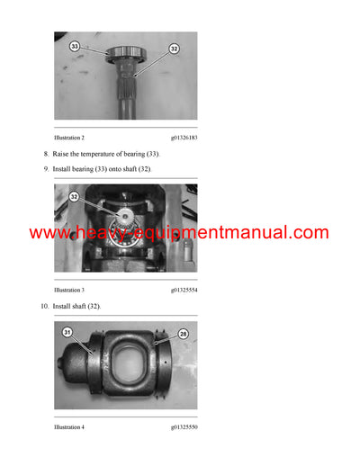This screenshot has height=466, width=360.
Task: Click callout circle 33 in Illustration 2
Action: tap(75, 45)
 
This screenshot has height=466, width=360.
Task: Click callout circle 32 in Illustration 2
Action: tap(174, 49)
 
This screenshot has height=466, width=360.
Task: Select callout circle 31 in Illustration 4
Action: tap(67, 332)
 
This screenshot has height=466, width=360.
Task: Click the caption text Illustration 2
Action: tap(69, 137)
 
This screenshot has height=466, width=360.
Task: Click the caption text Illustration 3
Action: tap(69, 291)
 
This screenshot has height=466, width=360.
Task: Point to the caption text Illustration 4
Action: tap(69, 426)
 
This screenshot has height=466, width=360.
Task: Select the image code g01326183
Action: tap(184, 137)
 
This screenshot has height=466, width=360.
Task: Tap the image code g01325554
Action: tap(184, 291)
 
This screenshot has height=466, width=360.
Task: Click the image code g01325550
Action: tap(184, 426)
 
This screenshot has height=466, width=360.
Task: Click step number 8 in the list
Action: tap(44, 155)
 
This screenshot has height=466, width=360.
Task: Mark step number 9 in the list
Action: tap(44, 169)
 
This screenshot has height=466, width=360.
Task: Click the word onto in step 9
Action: tap(121, 169)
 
